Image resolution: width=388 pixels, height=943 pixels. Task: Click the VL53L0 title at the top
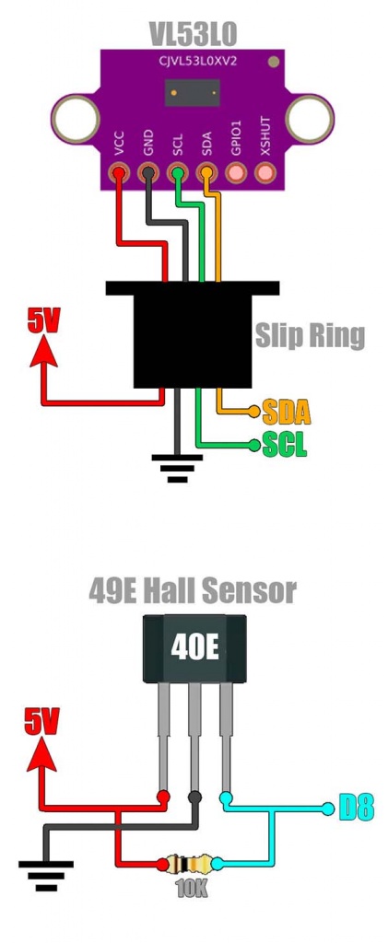coord(194,36)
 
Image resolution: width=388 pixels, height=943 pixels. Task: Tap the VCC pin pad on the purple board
coord(119,174)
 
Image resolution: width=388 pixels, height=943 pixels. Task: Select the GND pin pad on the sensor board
coord(148,174)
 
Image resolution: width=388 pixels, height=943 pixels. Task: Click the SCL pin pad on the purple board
coord(178,174)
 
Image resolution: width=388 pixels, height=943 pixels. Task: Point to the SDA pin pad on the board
coord(207,174)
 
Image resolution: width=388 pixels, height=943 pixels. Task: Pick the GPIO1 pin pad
coord(236,174)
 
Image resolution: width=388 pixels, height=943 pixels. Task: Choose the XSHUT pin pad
coord(265,174)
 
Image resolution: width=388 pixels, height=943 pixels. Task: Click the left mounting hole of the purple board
coord(76,118)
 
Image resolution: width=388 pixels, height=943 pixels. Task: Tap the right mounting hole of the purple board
coord(309,118)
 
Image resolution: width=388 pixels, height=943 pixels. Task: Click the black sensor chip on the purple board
coord(193,93)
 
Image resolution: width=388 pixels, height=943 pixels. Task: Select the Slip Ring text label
coord(310,335)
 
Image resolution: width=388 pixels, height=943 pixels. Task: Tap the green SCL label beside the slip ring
coord(285,445)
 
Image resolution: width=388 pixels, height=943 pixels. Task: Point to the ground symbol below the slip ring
coord(177,468)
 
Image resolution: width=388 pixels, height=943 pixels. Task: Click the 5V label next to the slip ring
coord(44,321)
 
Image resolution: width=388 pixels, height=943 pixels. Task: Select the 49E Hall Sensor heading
coord(193,591)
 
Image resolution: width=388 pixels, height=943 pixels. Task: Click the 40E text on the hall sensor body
coord(194,650)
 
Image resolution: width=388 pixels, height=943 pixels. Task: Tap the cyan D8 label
coord(356,808)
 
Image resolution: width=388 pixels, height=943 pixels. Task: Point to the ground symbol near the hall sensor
coord(46,876)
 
